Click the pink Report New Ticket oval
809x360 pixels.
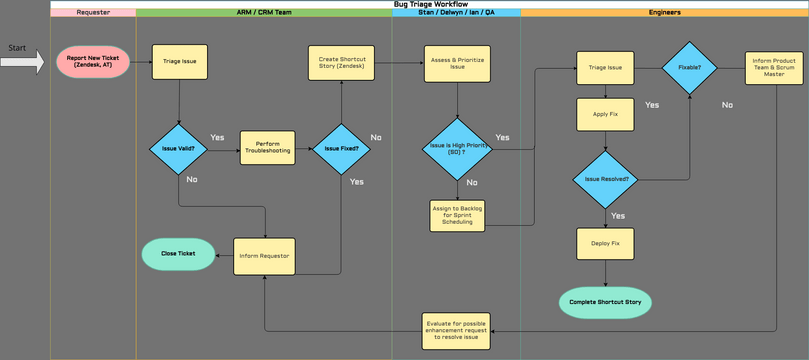point(93,62)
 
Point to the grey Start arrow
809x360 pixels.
point(22,62)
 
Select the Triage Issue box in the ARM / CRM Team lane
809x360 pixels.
point(180,62)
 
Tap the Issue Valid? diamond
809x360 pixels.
point(179,149)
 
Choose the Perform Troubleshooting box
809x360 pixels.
point(267,148)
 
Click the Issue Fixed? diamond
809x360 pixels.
point(341,149)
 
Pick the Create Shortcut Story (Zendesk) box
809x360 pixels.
point(342,62)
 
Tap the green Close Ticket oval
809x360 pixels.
point(179,254)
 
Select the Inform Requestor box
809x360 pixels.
point(264,256)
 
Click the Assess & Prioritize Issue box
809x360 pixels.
point(457,63)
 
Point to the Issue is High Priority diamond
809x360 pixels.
point(457,149)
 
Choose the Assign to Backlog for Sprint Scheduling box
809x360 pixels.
point(457,215)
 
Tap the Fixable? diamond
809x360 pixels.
point(689,68)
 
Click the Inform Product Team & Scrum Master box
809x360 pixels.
point(774,68)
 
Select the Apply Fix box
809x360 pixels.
point(605,115)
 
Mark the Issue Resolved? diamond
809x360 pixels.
point(605,180)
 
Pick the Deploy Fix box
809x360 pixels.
point(605,244)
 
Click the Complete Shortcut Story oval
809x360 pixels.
point(605,302)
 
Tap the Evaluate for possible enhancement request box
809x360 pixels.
point(456,331)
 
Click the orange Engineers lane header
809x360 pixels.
point(664,13)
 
